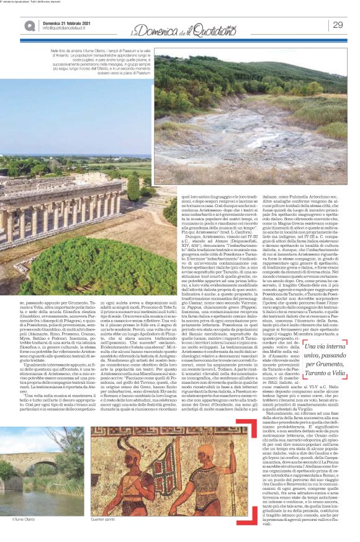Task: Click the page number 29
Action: [x=338, y=25]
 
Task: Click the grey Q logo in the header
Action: [x=29, y=25]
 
